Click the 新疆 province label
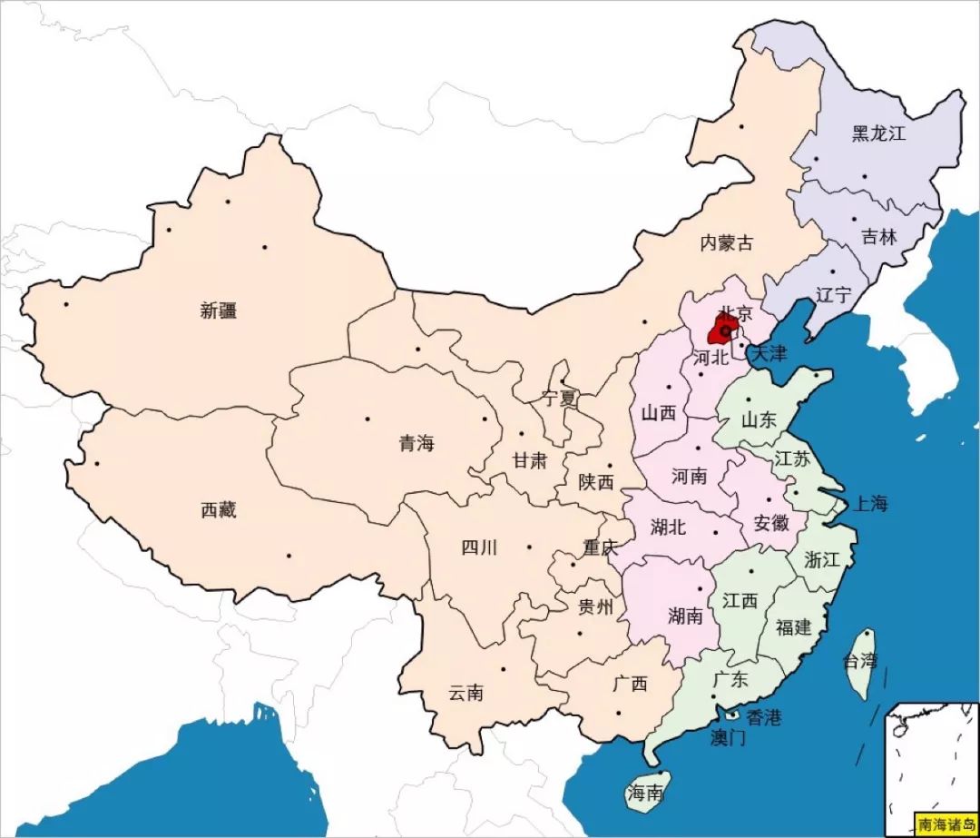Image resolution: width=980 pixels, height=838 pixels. [x=218, y=311]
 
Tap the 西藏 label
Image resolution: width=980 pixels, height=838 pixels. [x=218, y=510]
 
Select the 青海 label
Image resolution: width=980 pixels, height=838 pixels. [x=416, y=443]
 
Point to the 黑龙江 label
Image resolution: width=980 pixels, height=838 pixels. [x=878, y=134]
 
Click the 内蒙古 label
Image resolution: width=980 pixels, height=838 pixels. [x=726, y=242]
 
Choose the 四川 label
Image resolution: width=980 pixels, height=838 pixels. [x=479, y=547]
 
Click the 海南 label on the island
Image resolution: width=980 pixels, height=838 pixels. [x=645, y=794]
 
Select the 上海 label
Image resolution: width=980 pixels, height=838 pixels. [x=867, y=504]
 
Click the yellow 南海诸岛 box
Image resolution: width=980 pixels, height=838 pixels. [x=945, y=824]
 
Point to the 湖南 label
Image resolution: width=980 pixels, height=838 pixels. [x=685, y=616]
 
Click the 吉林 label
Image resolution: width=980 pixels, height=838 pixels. [x=878, y=237]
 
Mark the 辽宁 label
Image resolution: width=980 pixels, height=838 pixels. [x=833, y=295]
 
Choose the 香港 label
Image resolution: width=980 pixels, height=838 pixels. [x=763, y=717]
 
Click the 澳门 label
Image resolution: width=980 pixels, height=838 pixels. [x=728, y=738]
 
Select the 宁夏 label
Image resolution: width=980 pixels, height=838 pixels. [x=559, y=398]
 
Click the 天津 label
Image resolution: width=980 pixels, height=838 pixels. [x=768, y=353]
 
